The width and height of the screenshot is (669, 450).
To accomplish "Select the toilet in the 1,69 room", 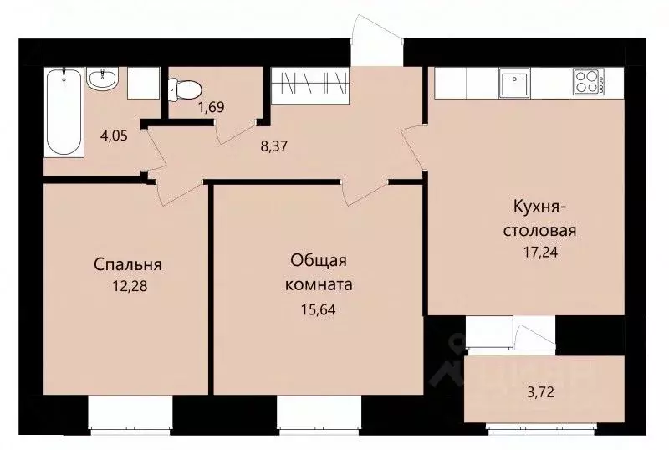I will tap(184, 87).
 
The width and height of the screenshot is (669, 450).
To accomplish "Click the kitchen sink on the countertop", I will tap(511, 83).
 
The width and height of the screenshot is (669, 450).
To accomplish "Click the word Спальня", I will tap(127, 265).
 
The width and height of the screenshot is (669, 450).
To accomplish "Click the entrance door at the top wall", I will tap(366, 42).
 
